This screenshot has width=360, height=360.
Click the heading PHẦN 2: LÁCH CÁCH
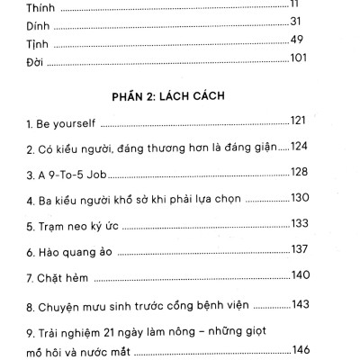(168, 93)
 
